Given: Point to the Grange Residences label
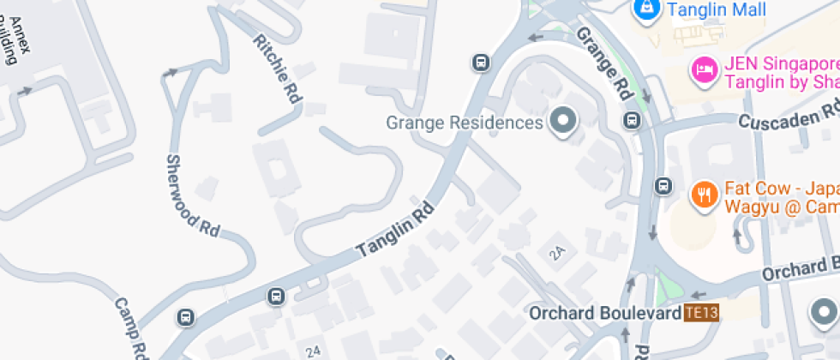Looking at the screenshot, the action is point(465,123).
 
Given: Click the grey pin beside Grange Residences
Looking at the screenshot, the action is point(563,121).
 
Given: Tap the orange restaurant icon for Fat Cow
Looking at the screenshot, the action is point(704,195).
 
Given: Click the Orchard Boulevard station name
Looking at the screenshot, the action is point(604,313).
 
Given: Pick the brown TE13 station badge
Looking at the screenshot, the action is point(700,314).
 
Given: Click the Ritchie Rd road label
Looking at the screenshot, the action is point(279,69).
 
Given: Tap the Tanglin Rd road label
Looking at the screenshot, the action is point(395,231).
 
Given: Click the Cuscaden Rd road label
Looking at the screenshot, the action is point(789,117).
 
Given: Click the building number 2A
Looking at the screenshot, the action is point(559,252).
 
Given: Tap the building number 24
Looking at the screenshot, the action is point(314,351).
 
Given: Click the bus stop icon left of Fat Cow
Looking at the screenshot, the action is point(663,186).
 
